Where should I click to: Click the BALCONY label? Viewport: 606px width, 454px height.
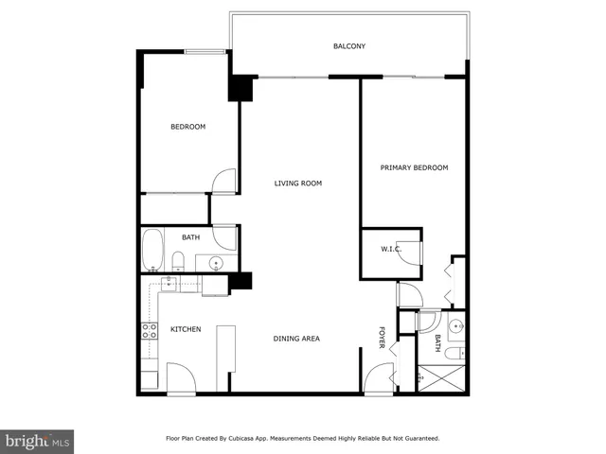[348, 46]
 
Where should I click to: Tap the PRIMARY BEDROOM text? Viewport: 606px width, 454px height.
[414, 167]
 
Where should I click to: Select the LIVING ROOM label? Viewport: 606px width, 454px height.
[298, 183]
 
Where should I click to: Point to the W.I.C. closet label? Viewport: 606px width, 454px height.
[391, 250]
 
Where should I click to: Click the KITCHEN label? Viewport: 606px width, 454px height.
[185, 329]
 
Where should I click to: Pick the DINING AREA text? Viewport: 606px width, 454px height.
[297, 339]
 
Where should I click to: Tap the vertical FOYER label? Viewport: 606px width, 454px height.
[383, 338]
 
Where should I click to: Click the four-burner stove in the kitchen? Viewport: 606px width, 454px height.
[149, 331]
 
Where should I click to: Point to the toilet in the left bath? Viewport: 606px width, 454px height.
[178, 261]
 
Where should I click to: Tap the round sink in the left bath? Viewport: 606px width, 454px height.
[216, 263]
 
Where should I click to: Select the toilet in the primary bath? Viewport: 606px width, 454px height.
[454, 354]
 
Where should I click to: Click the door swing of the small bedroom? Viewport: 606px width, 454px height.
[223, 182]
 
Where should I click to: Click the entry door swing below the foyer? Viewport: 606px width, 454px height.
[377, 380]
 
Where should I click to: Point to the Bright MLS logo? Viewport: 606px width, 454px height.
[38, 441]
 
